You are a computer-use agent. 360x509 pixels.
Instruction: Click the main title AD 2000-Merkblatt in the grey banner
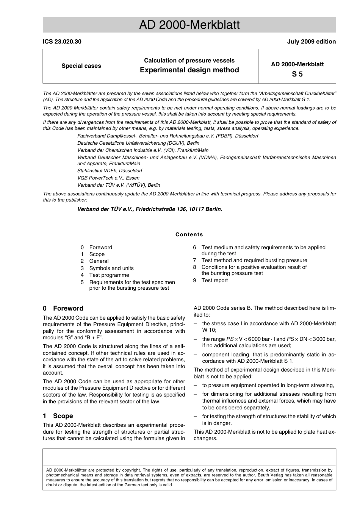click(x=189, y=25)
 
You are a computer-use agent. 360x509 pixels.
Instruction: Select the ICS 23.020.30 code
click(x=62, y=42)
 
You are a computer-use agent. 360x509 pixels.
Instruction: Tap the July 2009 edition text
click(x=311, y=42)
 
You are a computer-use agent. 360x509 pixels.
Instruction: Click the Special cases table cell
click(x=81, y=66)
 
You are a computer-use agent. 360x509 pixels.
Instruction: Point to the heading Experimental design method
click(x=189, y=70)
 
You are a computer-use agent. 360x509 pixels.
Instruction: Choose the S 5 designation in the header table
click(x=297, y=74)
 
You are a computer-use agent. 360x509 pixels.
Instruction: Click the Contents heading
click(x=189, y=234)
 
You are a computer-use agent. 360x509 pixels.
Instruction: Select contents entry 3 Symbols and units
click(x=111, y=268)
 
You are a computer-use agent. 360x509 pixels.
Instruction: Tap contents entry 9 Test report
click(x=214, y=280)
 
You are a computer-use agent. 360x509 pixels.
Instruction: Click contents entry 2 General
click(x=99, y=261)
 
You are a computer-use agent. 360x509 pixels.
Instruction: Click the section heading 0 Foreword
click(x=63, y=308)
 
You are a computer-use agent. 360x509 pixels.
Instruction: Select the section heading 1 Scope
click(x=58, y=416)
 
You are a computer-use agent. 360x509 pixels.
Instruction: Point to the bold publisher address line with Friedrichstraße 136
click(x=150, y=209)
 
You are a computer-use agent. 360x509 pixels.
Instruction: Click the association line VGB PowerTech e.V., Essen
click(x=108, y=178)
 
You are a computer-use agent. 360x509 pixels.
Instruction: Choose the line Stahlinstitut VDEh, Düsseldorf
click(x=110, y=171)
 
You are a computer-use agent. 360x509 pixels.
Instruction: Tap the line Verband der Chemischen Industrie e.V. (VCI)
click(x=143, y=150)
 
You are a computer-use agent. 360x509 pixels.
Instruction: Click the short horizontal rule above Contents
click(x=189, y=219)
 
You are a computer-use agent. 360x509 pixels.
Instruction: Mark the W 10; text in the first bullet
click(x=209, y=330)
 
